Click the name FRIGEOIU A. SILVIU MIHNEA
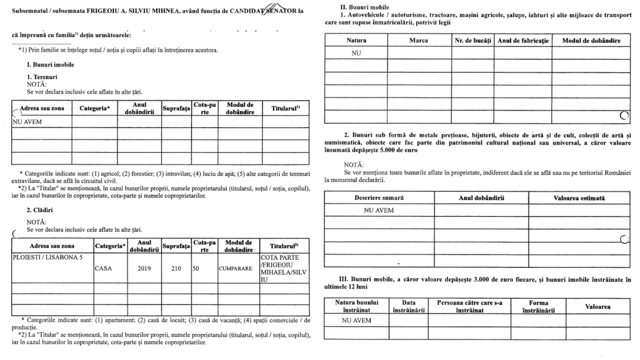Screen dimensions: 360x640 click(x=141, y=12)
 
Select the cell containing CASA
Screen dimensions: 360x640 click(x=103, y=269)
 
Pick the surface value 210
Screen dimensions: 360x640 click(x=176, y=269)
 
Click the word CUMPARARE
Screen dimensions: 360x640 click(x=235, y=269)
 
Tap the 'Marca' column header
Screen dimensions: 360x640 click(x=419, y=41)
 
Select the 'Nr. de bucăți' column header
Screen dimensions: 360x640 click(x=473, y=41)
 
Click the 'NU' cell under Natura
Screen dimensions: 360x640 click(x=356, y=53)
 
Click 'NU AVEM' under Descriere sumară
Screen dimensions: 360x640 click(x=379, y=210)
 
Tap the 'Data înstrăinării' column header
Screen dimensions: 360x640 click(x=408, y=306)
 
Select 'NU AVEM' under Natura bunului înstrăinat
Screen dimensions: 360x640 click(x=357, y=321)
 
